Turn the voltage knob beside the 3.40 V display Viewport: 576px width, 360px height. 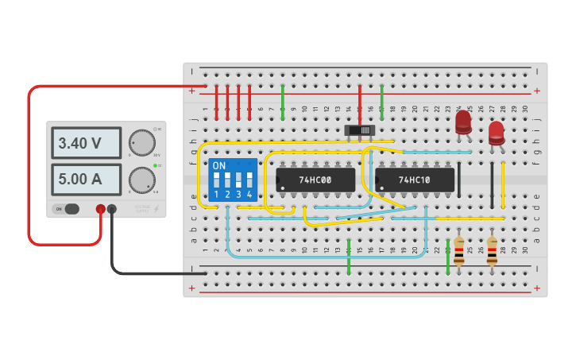point(142,142)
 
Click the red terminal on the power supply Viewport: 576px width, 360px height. point(101,210)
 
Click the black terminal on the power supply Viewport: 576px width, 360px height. point(112,210)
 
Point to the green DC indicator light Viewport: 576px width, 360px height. point(157,165)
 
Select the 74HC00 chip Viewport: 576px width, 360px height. point(315,180)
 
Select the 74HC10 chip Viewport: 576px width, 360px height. point(415,180)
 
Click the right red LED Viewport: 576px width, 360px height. point(497,132)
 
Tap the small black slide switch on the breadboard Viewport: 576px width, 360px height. point(359,130)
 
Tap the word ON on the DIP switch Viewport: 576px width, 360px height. point(219,166)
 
